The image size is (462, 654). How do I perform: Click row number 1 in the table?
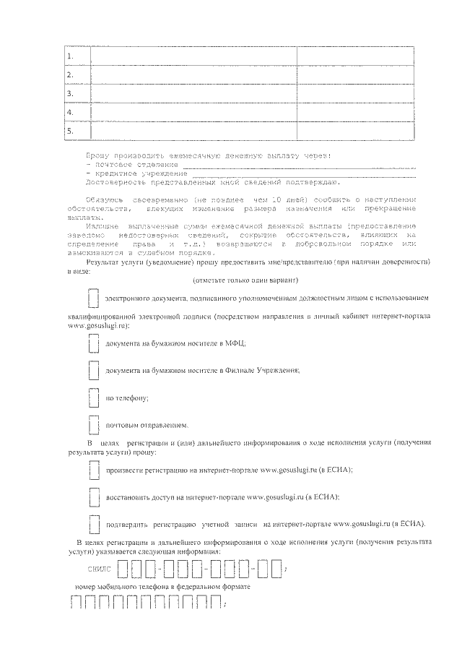70,56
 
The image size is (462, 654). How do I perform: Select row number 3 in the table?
70,94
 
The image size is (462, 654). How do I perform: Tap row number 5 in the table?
70,131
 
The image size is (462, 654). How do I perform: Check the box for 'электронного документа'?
92,298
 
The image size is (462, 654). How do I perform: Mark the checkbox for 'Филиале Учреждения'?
92,371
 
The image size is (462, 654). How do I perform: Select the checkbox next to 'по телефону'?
92,397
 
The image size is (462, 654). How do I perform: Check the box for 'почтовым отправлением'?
92,424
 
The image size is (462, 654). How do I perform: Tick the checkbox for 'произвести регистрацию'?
92,470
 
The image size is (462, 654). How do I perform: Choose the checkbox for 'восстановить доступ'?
92,497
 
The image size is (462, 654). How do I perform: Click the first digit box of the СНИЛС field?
122,569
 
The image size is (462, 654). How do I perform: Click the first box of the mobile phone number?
76,602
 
